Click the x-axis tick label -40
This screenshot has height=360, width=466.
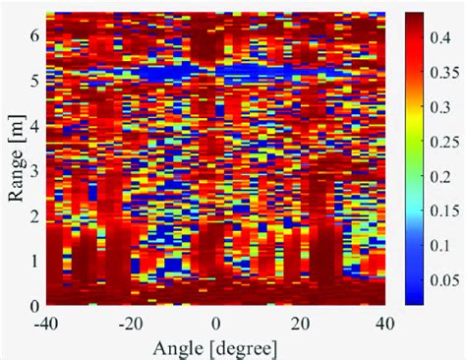point(45,323)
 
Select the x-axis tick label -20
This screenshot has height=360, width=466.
point(130,323)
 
